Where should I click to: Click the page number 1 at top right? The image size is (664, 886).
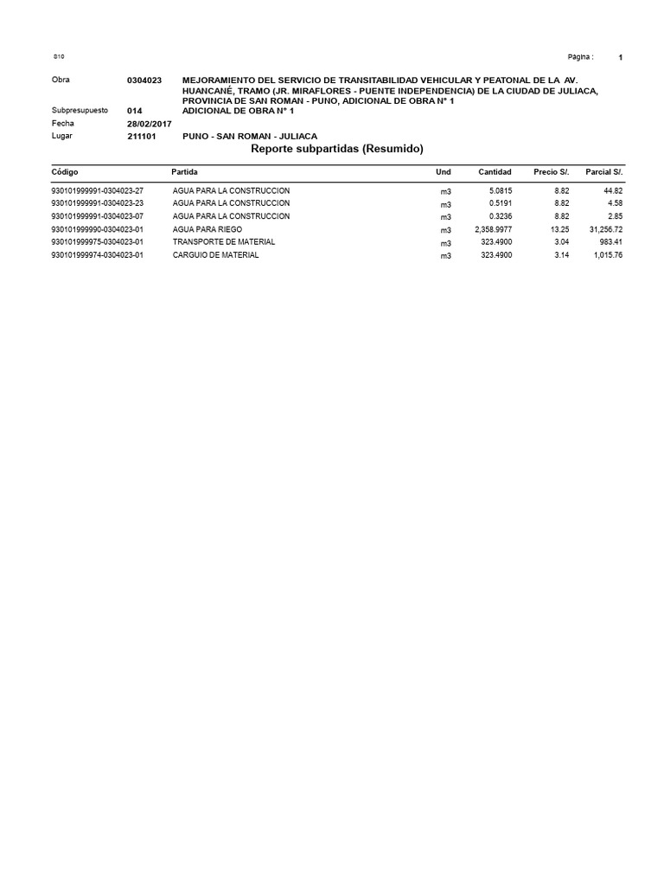(621, 57)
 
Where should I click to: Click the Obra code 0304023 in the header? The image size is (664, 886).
(144, 80)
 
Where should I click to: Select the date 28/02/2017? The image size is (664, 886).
(150, 124)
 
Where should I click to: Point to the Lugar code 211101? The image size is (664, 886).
(141, 137)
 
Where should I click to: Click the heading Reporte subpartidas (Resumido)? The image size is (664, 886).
(336, 149)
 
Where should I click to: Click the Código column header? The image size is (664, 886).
(65, 172)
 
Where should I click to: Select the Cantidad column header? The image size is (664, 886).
(495, 172)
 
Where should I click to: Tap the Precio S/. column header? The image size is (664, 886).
(551, 172)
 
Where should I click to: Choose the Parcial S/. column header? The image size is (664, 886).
(603, 172)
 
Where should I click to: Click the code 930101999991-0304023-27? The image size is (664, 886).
(98, 190)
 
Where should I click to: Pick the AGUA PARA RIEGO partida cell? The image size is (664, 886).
(207, 229)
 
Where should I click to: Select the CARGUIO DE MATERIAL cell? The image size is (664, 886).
(215, 255)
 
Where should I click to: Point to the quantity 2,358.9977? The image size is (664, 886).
(493, 229)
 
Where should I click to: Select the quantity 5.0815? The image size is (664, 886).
(500, 190)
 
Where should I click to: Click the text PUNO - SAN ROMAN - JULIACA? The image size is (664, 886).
(250, 137)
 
